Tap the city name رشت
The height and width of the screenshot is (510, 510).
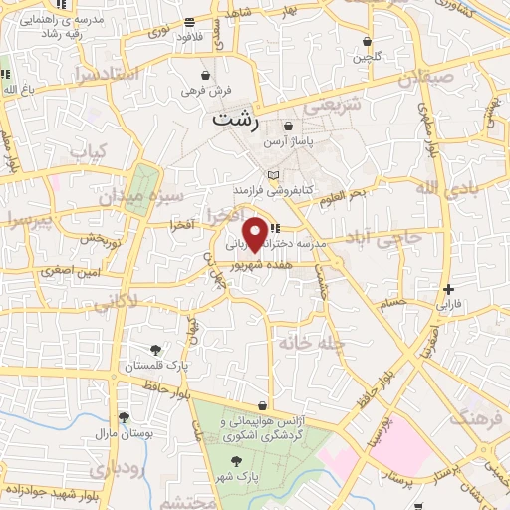(236, 120)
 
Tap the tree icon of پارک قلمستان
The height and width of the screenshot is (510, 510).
(156, 349)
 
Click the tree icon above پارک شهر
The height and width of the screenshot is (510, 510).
(236, 461)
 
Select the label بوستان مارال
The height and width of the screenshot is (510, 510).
(122, 434)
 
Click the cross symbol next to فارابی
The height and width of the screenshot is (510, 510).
(449, 288)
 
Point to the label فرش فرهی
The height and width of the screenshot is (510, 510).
(206, 91)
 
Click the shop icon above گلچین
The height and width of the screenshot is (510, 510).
(368, 42)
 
